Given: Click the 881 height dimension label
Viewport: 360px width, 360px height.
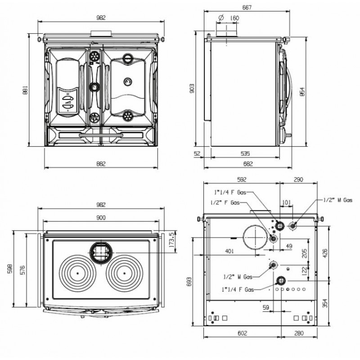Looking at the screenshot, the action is [25, 90].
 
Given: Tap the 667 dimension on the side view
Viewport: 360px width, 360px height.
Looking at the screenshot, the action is [247, 7].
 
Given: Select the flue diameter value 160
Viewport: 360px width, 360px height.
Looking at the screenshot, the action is [234, 18].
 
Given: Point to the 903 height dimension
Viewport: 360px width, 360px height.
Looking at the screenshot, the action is [192, 88].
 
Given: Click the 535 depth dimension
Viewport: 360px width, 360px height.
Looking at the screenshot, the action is [245, 153].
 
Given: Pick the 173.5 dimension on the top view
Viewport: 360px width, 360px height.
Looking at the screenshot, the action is [171, 240].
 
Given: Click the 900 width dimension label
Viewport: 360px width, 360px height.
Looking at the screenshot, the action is [101, 217].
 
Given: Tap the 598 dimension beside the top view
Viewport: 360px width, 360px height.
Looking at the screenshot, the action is [10, 268].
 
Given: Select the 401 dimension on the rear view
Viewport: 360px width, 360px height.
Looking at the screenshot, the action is [229, 251].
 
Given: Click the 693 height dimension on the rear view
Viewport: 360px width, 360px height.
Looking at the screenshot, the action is [189, 282].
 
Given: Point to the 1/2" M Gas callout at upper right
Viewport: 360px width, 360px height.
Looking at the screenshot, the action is [337, 200].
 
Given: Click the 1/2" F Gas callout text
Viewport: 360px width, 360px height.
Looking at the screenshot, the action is [225, 202].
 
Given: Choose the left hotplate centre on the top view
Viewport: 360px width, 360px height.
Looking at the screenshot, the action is [77, 273].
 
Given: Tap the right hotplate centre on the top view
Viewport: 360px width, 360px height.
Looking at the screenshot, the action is [124, 273].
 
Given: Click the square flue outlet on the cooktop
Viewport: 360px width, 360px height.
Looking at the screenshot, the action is [101, 252].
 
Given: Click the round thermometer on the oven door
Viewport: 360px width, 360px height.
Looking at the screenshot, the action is [128, 81].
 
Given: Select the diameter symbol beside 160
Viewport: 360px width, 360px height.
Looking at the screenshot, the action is [221, 18].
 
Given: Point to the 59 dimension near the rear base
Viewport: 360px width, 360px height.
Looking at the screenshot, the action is [265, 307].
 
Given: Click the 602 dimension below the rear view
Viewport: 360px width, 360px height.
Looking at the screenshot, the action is [242, 333].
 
